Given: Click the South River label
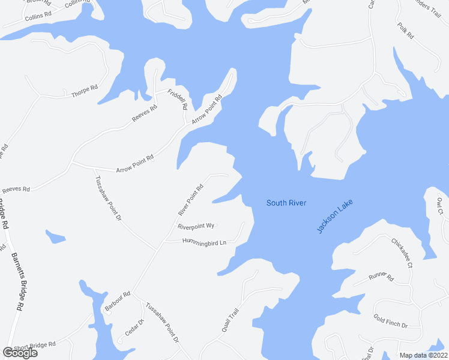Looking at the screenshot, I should pos(286,203).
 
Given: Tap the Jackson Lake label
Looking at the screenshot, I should pos(335,216).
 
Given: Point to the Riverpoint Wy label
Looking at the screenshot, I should pos(196,226).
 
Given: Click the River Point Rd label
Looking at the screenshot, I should pos(191,200).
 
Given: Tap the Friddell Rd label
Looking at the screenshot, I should pos(177,98).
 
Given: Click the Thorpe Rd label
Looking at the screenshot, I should pos(84,92).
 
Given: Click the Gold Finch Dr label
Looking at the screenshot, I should pos(390,321).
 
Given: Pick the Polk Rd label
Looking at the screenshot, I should pos(406,31).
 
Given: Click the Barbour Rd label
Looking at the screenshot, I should pos(117,302).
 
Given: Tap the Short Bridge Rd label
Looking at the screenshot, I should pos(35,346).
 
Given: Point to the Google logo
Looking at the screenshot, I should pos(20,353).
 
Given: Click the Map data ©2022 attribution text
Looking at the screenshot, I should pos(424,355).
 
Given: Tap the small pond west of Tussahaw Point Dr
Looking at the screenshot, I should pos(55,236).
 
